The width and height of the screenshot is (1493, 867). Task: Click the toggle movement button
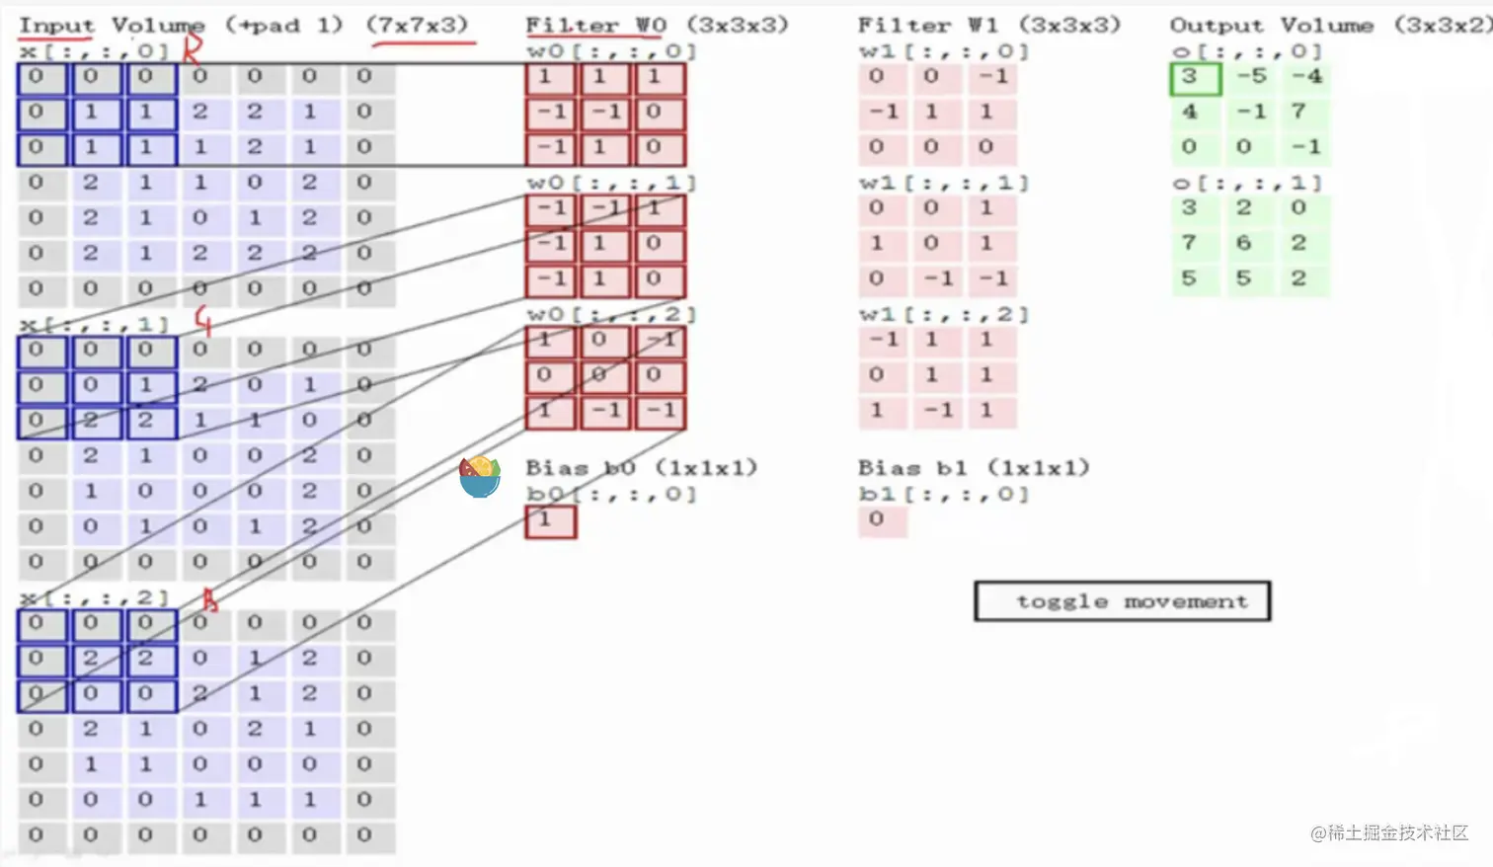click(1122, 601)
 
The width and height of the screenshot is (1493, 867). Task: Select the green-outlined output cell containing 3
click(1195, 78)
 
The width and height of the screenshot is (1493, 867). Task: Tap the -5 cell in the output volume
click(1251, 77)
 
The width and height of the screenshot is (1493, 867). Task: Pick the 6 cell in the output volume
click(1243, 243)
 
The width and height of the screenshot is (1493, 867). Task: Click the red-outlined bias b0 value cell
click(550, 520)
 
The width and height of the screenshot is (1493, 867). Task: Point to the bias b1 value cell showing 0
click(881, 520)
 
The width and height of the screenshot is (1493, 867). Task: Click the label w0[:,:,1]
click(611, 183)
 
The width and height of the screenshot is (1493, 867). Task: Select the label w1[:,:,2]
click(943, 315)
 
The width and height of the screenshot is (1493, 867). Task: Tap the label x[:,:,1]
click(94, 324)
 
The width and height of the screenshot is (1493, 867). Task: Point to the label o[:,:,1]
click(1246, 183)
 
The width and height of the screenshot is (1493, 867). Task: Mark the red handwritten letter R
click(193, 46)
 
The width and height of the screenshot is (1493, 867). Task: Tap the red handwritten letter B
click(208, 598)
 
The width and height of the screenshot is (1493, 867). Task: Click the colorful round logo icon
click(480, 477)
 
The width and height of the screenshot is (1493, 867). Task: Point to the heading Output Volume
click(1271, 25)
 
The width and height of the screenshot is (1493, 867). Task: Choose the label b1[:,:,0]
click(943, 494)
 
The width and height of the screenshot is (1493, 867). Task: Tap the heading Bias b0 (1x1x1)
click(641, 467)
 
